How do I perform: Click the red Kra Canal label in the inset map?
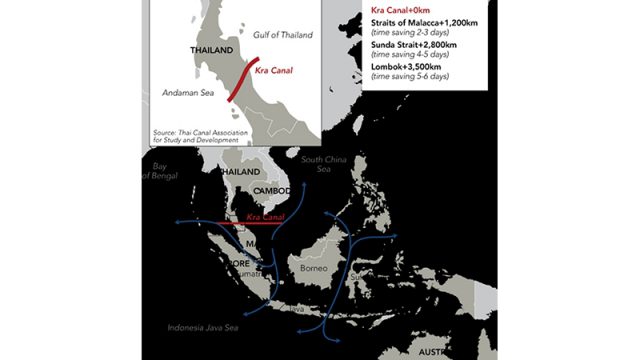274,71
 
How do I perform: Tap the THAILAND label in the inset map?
211,49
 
